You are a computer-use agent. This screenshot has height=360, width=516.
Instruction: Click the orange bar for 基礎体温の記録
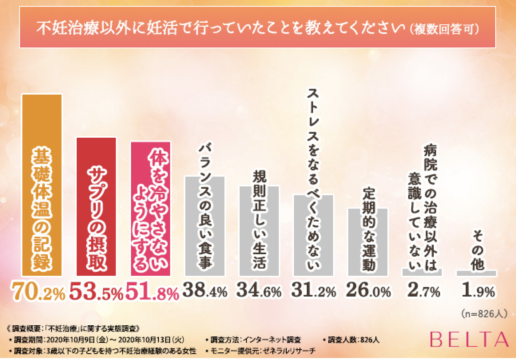click(42, 186)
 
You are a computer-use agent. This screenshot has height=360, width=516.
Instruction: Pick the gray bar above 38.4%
click(204, 226)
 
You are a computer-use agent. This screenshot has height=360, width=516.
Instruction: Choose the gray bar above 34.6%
click(259, 231)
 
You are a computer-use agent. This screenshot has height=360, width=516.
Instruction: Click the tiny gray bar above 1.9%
click(476, 273)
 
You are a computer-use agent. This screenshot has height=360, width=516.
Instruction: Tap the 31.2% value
click(314, 292)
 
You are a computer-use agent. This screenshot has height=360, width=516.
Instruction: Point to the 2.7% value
click(423, 292)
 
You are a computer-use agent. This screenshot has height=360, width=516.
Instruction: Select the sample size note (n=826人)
click(484, 314)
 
